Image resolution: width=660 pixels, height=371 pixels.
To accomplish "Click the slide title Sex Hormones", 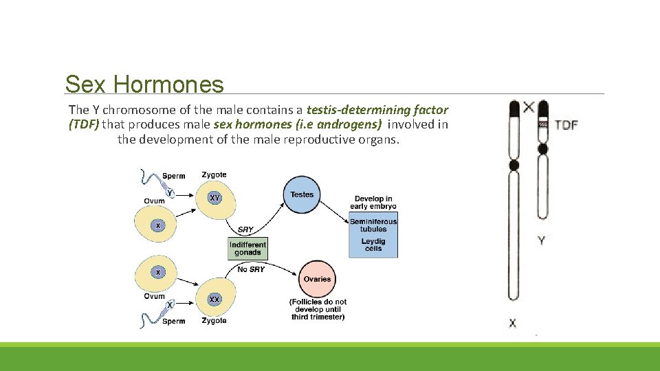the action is (144, 85).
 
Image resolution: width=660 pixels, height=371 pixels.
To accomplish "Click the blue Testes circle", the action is (302, 194).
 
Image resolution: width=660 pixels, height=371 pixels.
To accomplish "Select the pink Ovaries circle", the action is (317, 279).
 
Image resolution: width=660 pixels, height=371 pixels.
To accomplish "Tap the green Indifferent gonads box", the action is (247, 248).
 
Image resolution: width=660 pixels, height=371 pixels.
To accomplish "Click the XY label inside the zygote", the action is (215, 198).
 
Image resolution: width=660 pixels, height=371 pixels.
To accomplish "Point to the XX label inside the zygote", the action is (214, 300).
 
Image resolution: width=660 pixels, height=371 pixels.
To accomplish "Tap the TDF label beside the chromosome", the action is (566, 125).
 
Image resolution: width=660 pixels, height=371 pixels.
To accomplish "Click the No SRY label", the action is (251, 269).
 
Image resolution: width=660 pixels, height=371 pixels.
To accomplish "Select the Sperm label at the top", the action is (174, 176).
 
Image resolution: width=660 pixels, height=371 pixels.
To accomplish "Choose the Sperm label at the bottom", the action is (174, 321).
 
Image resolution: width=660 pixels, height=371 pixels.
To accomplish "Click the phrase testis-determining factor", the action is (377, 110).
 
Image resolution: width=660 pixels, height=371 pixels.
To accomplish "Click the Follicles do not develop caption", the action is (318, 309).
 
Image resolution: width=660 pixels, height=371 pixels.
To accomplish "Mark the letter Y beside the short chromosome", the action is (542, 240).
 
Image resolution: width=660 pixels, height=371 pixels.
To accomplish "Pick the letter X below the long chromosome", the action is (513, 323).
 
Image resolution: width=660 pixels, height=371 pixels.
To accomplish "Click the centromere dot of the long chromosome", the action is (514, 166).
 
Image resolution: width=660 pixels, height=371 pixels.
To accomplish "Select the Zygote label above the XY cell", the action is (214, 175).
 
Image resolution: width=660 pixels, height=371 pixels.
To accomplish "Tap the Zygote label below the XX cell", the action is (214, 320).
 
